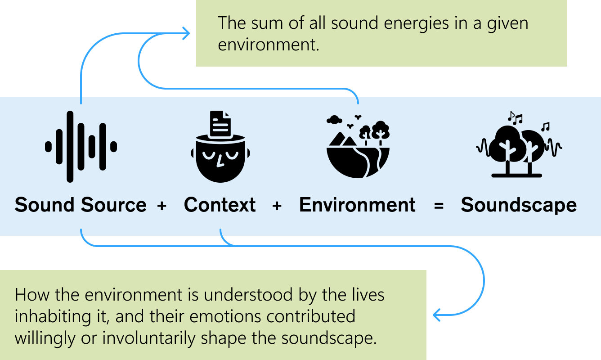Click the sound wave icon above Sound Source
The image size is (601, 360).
(81, 146)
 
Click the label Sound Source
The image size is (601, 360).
(81, 205)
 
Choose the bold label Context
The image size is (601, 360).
(220, 205)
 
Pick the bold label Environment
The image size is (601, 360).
(357, 205)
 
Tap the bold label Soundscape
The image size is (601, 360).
(519, 205)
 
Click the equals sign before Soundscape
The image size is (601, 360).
(439, 206)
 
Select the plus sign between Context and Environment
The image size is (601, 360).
(277, 206)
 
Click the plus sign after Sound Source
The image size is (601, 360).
(162, 206)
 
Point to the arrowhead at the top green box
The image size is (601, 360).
(186, 34)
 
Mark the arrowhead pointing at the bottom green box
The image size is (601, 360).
(436, 315)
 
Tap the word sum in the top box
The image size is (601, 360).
(267, 23)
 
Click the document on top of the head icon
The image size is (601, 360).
(220, 124)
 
